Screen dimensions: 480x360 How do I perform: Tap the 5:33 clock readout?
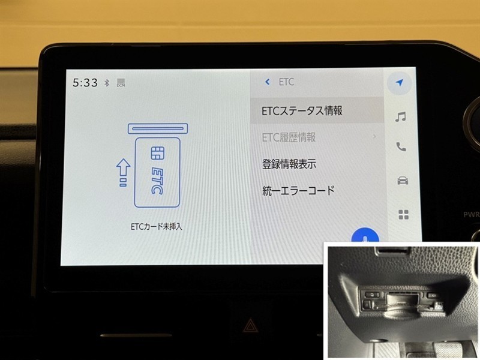click(x=85, y=83)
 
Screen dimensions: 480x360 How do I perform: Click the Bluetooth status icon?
click(x=107, y=83)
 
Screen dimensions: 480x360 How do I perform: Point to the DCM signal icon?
click(x=121, y=83)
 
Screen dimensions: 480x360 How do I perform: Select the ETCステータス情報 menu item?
click(x=302, y=110)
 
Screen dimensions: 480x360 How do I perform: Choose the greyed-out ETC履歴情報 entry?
click(x=289, y=137)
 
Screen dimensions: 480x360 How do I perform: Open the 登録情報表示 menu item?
click(x=289, y=164)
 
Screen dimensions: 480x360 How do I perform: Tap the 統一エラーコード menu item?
click(x=298, y=191)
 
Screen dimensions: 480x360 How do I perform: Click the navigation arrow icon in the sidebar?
click(x=400, y=82)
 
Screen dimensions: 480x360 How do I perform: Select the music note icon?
click(x=400, y=116)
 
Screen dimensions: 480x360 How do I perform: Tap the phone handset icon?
click(x=401, y=146)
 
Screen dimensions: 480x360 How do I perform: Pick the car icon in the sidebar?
click(x=403, y=181)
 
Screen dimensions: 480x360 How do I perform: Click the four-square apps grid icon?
click(x=404, y=215)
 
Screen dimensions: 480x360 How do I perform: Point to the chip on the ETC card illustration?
click(x=158, y=153)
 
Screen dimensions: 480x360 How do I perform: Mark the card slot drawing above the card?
click(x=158, y=128)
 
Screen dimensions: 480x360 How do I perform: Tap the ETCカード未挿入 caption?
click(x=156, y=227)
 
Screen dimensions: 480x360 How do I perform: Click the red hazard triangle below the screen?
click(x=250, y=325)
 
